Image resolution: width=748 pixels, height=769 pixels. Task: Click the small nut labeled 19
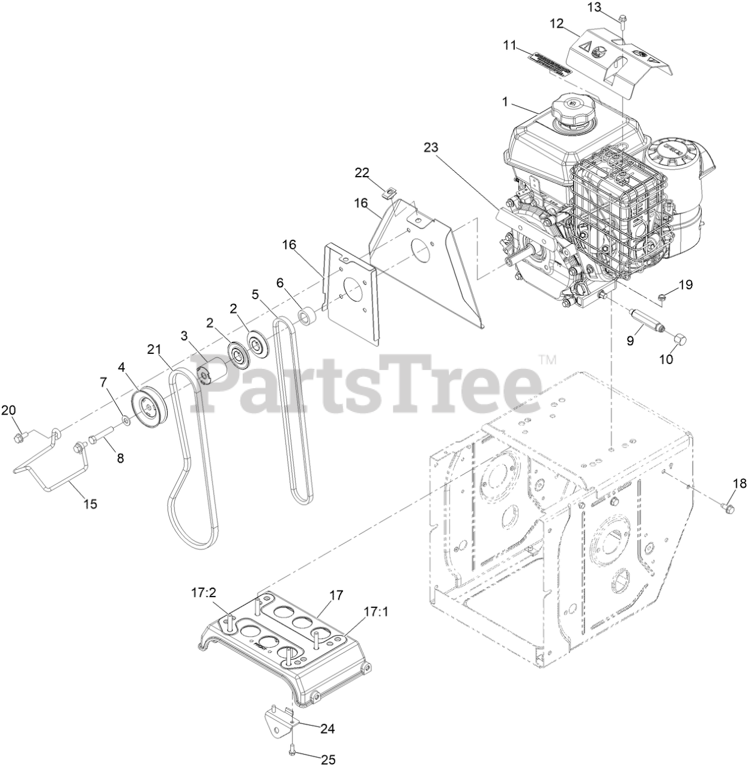(661, 295)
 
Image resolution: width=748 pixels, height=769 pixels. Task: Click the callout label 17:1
(376, 612)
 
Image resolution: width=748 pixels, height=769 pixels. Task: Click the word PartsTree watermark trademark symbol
(547, 359)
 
